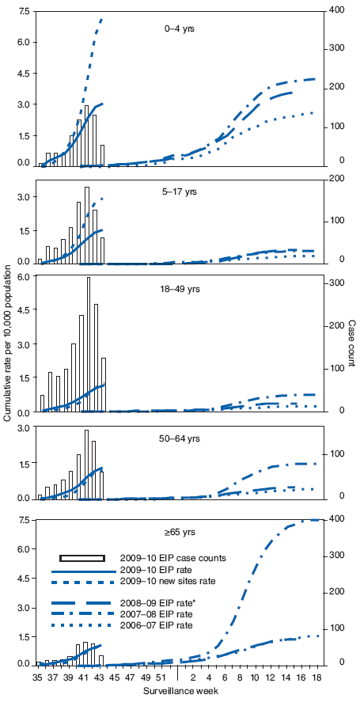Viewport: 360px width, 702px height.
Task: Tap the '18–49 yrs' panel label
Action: tap(181, 289)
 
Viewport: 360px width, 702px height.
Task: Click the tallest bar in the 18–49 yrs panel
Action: tap(89, 344)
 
